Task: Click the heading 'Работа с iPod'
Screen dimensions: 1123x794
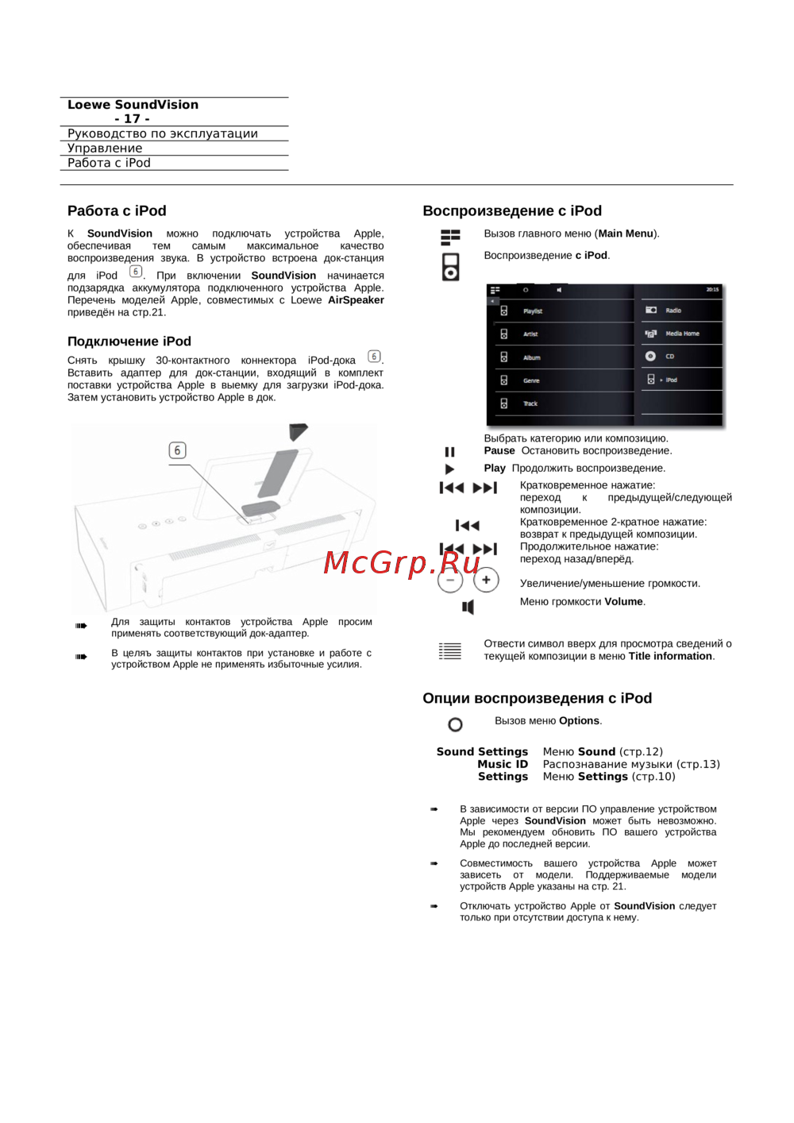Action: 117,210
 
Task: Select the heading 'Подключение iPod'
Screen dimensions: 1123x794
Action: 129,342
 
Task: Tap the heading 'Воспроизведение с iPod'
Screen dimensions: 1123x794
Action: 512,210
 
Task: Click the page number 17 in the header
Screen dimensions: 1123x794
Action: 132,118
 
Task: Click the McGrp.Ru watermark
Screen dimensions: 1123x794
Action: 402,562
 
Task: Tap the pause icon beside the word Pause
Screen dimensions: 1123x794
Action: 449,452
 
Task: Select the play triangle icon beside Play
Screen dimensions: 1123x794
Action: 449,469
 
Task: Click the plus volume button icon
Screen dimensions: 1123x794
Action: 486,580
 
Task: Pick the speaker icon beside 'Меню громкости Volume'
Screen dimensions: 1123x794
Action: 468,608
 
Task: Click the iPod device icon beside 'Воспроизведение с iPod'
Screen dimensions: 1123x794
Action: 450,267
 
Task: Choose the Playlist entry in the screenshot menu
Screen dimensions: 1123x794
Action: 532,311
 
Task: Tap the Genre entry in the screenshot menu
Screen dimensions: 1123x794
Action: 531,380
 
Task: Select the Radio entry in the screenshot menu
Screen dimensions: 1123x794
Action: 673,311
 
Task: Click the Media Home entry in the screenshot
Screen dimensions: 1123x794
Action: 681,334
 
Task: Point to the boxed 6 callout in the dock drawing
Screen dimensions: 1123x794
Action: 177,450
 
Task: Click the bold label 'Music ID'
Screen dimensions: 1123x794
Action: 503,764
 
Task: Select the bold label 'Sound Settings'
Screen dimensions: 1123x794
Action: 482,751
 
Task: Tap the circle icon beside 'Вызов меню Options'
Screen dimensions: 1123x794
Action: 455,724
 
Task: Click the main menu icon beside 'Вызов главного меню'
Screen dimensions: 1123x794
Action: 450,237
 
